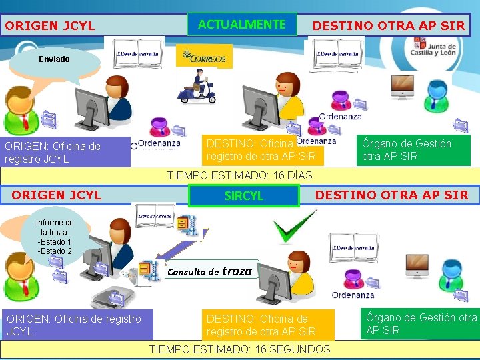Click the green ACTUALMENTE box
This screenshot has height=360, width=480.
[242, 25]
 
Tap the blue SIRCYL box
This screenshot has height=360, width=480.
[243, 196]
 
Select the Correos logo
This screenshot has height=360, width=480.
[205, 57]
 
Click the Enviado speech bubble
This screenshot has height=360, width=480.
[54, 60]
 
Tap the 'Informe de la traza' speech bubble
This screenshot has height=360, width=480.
[55, 237]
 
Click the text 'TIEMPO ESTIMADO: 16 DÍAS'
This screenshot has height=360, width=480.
[239, 175]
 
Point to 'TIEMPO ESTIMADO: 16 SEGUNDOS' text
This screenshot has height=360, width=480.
[239, 349]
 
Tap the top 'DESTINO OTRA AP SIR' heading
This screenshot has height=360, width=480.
[389, 26]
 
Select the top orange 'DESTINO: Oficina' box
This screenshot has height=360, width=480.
[263, 151]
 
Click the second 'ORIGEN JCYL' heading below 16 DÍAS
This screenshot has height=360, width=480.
[57, 195]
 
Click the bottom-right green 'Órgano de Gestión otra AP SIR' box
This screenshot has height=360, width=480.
[420, 324]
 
